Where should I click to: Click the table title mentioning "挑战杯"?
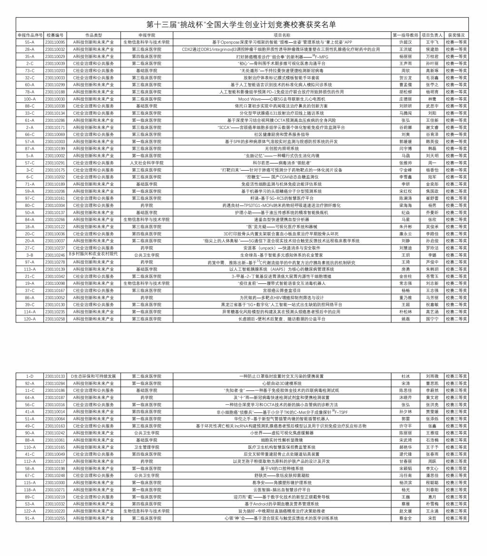[x=242, y=25]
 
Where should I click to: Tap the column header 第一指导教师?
[x=405, y=35]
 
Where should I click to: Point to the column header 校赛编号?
[x=55, y=35]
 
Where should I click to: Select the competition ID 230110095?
[x=55, y=42]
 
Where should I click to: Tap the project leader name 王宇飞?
[x=432, y=42]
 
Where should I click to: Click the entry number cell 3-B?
[x=30, y=255]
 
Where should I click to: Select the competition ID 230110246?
[x=55, y=255]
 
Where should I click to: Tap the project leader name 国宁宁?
[x=432, y=319]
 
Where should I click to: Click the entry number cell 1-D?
[x=30, y=376]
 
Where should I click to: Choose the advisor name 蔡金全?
[x=405, y=518]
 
